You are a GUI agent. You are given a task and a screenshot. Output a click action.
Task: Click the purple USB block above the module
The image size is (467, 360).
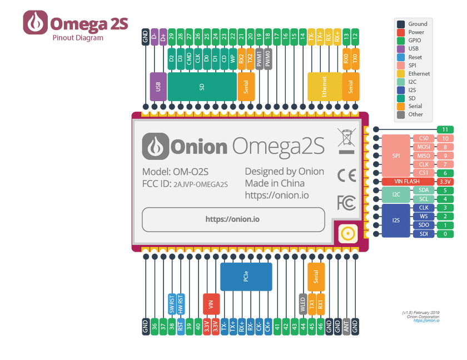pyautogui.click(x=158, y=86)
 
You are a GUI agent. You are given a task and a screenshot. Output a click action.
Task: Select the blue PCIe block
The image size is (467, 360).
pyautogui.click(x=246, y=277)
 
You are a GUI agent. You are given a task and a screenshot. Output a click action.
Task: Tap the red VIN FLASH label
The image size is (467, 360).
pyautogui.click(x=408, y=181)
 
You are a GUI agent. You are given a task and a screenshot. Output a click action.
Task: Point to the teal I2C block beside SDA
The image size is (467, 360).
pyautogui.click(x=396, y=194)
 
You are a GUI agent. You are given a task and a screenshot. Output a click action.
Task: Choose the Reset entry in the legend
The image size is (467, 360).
pyautogui.click(x=415, y=57)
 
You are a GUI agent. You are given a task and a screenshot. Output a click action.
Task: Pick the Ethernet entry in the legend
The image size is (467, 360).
pyautogui.click(x=419, y=73)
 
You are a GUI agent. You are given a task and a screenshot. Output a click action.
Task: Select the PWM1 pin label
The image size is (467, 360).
pyautogui.click(x=259, y=57)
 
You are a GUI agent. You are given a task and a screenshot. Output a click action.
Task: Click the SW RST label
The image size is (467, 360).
pyautogui.click(x=172, y=304)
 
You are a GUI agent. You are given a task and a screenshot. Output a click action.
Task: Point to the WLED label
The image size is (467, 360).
pyautogui.click(x=302, y=304)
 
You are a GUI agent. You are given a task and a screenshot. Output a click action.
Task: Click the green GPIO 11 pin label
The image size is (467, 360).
pyautogui.click(x=445, y=129)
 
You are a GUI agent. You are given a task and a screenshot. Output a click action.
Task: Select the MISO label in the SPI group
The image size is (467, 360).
pyautogui.click(x=424, y=156)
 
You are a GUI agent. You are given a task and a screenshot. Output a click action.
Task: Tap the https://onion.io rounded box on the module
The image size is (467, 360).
pyautogui.click(x=233, y=219)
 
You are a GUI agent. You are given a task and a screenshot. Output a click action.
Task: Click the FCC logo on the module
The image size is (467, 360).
pyautogui.click(x=346, y=203)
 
